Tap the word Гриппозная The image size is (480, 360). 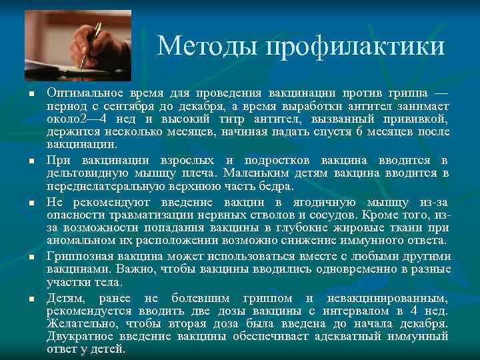(x=79, y=256)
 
